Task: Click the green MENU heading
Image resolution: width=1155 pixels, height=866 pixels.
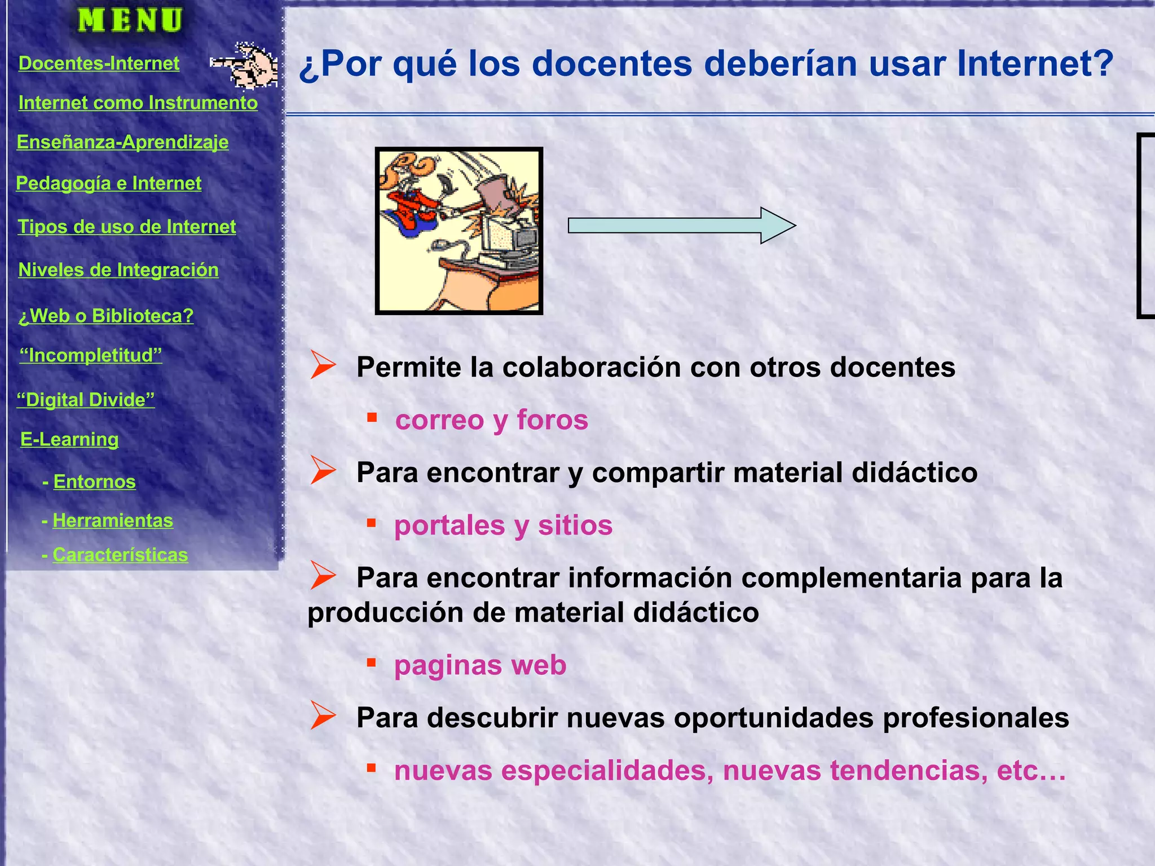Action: click(130, 20)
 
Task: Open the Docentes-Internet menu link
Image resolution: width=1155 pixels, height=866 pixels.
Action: click(99, 63)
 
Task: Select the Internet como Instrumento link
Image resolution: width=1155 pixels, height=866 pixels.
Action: click(138, 103)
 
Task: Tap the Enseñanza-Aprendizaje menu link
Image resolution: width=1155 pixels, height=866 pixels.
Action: click(122, 142)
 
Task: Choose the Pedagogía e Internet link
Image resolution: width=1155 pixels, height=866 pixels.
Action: click(108, 183)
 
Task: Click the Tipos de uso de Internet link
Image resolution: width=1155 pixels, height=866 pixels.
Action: click(127, 227)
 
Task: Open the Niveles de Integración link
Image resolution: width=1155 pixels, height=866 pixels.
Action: click(118, 270)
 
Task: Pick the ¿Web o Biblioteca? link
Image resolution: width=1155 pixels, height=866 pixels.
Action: click(106, 316)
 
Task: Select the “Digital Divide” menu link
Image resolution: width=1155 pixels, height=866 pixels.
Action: click(85, 400)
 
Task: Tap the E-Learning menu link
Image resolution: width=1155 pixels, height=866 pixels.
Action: click(69, 439)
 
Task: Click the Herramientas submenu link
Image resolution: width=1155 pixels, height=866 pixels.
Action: click(113, 520)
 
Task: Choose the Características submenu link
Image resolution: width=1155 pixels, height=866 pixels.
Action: click(120, 555)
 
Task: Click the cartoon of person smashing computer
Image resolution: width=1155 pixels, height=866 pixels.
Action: click(459, 231)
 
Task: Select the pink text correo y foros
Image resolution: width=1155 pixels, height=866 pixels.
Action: click(491, 420)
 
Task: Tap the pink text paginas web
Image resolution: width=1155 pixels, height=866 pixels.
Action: click(480, 665)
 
